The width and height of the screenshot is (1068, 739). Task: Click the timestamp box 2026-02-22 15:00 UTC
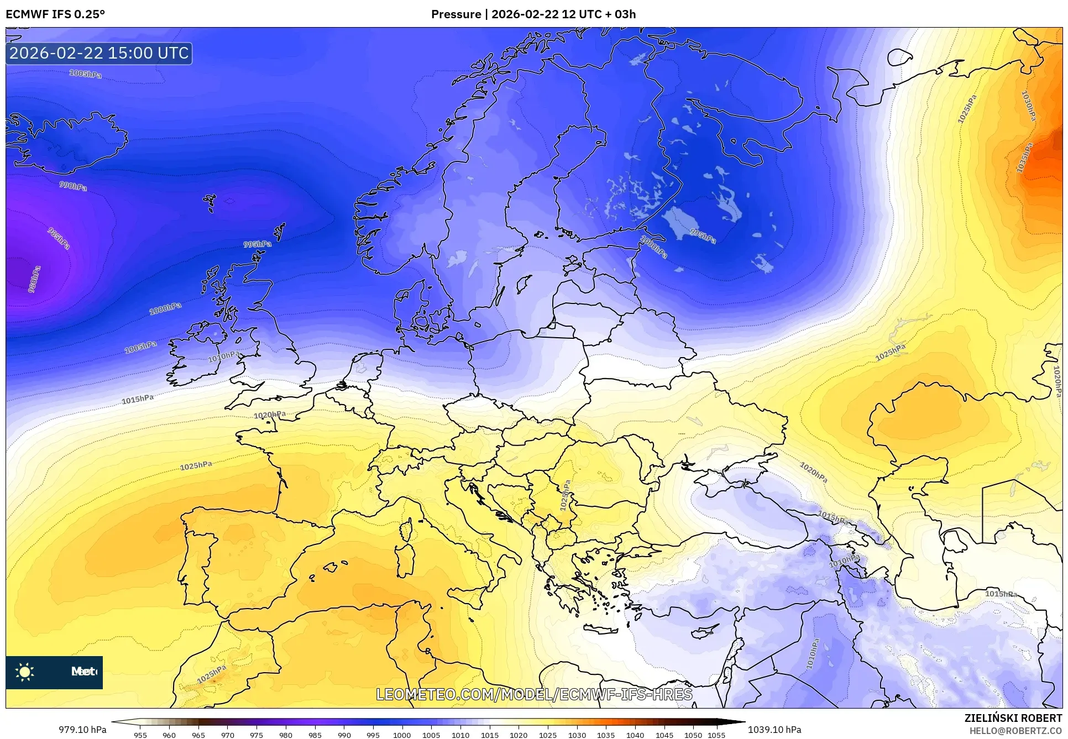(99, 53)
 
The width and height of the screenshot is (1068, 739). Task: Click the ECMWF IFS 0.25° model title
(55, 14)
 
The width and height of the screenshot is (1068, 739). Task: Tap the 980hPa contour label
(34, 280)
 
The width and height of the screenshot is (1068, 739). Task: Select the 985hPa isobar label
(59, 238)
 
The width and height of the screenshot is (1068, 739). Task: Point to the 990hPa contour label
(73, 186)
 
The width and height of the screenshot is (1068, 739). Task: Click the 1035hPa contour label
(1024, 158)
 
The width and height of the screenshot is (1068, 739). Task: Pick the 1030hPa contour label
(1028, 106)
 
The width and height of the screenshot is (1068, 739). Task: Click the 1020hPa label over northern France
(270, 415)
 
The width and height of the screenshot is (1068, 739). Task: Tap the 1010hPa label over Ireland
(223, 357)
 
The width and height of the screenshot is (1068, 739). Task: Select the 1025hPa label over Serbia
(565, 495)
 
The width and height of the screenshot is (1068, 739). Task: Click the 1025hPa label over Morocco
(212, 674)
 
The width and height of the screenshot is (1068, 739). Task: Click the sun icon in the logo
(25, 672)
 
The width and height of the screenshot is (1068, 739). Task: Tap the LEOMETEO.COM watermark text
(534, 694)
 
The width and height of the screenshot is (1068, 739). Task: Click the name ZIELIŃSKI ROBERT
(1013, 718)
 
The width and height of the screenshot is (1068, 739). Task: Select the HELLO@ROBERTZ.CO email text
(1016, 731)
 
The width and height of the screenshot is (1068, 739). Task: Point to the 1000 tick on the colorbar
(402, 735)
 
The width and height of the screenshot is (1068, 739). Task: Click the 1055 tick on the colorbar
(716, 735)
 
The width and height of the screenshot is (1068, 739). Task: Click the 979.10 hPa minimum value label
(82, 730)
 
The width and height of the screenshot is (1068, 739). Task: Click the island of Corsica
(406, 529)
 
